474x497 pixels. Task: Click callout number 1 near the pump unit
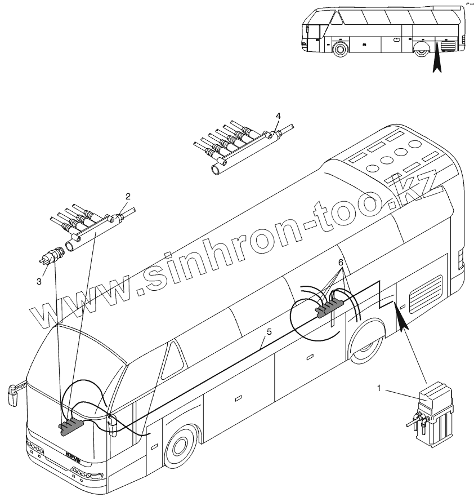(379, 388)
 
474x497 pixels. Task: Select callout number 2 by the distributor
(128, 197)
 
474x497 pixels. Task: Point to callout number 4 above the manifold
(278, 116)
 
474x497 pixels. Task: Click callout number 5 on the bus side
(269, 332)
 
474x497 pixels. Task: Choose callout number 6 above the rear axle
(341, 263)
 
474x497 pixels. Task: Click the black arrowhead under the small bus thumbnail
(437, 61)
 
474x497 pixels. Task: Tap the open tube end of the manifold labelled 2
(71, 246)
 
